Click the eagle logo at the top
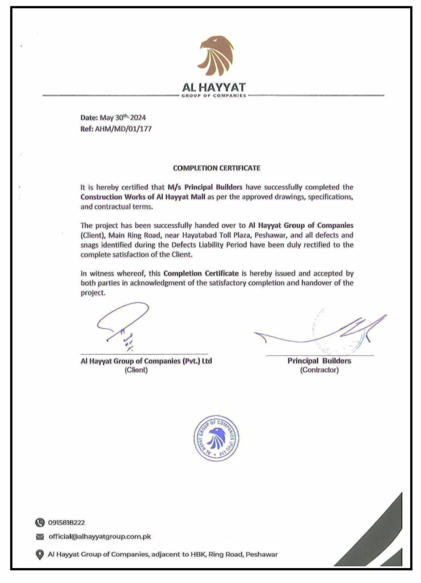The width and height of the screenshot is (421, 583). click(x=216, y=56)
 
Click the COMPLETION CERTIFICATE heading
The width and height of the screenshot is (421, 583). click(x=216, y=169)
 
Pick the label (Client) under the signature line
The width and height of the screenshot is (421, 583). click(x=136, y=370)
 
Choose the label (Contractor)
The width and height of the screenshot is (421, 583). click(x=319, y=370)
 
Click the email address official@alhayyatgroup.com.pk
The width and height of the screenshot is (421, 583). click(x=100, y=536)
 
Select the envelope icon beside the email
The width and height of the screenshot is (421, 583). click(x=39, y=537)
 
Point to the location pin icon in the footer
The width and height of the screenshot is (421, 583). click(x=39, y=554)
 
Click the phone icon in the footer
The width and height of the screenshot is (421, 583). click(x=39, y=522)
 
